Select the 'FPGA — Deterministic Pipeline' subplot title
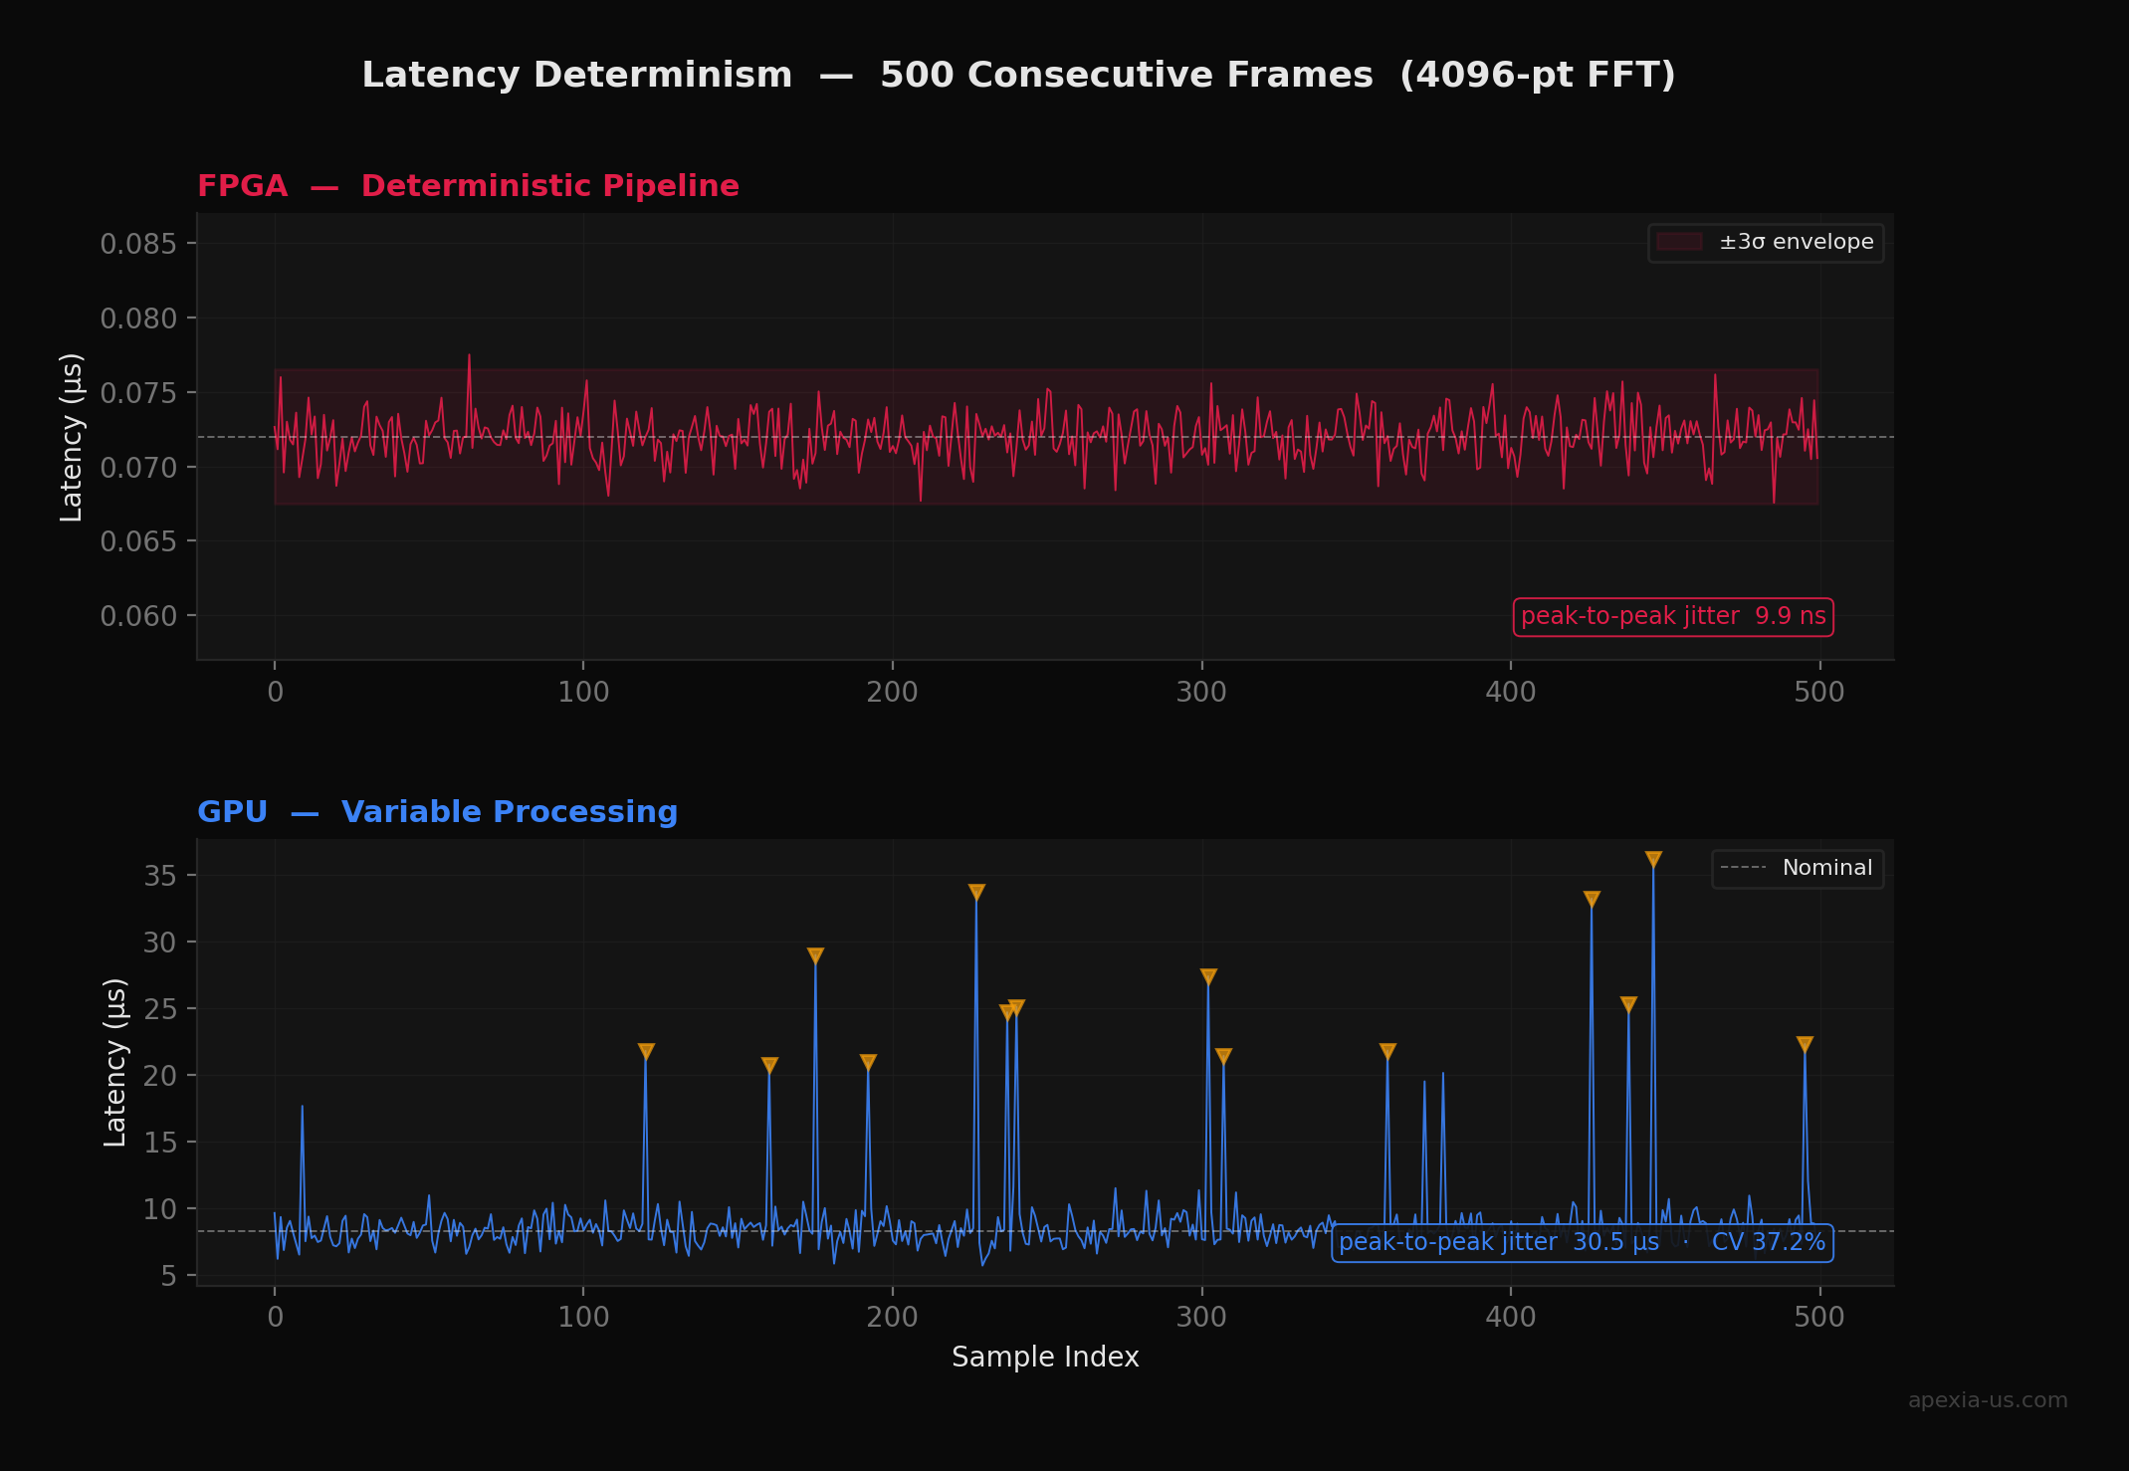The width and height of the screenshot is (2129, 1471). click(x=468, y=186)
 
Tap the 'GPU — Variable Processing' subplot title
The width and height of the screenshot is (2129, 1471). click(x=437, y=812)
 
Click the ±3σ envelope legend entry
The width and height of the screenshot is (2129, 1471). click(x=1767, y=243)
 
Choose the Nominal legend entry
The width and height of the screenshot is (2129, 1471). click(x=1798, y=868)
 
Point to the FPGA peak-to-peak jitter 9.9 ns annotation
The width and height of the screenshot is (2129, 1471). click(x=1672, y=617)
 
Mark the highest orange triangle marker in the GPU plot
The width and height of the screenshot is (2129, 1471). click(x=1653, y=859)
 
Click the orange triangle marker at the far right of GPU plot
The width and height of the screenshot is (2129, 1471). click(x=1805, y=1044)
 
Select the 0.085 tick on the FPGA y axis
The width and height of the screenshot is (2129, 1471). click(x=138, y=244)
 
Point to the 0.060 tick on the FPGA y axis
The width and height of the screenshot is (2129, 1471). click(x=138, y=616)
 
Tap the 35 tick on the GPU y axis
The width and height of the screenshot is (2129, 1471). click(x=159, y=876)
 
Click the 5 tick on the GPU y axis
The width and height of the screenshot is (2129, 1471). click(x=169, y=1276)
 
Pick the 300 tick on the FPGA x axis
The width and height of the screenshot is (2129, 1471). click(x=1201, y=692)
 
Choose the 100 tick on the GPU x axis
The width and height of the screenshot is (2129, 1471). click(x=583, y=1317)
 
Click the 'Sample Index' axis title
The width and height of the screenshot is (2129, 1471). click(x=1045, y=1357)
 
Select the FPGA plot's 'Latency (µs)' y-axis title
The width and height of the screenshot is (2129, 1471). click(x=72, y=437)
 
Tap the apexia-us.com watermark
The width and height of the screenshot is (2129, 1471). click(x=1987, y=1400)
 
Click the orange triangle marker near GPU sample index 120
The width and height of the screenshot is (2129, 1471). click(x=646, y=1051)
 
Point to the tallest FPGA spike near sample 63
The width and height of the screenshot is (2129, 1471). click(x=469, y=356)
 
